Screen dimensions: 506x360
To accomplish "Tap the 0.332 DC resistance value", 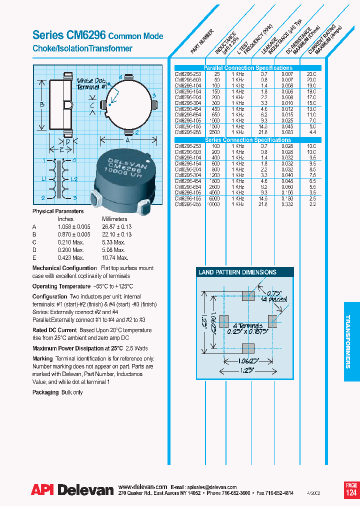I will [287, 205].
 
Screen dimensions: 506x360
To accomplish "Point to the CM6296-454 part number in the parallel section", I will [188, 108].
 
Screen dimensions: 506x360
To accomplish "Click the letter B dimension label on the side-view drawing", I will [42, 104].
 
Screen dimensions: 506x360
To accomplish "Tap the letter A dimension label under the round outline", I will [128, 141].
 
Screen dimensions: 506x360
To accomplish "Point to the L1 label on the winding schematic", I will [44, 179].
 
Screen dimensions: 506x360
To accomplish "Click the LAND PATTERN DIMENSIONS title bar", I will [237, 272].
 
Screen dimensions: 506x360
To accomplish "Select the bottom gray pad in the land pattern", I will [247, 348].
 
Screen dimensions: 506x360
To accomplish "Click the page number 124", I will [351, 493].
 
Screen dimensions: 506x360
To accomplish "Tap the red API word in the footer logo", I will [42, 491].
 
